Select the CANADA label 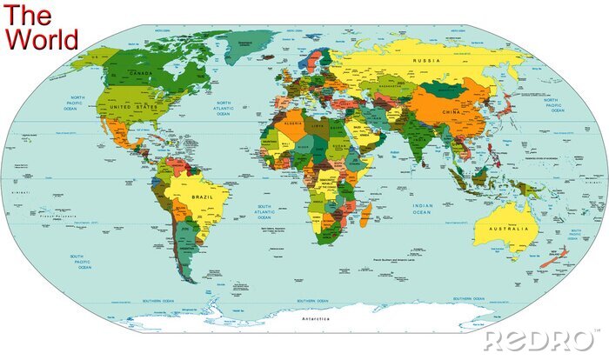[140, 73]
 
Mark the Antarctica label [317, 320]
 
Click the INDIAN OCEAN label [422, 209]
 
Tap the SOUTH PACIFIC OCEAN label [84, 262]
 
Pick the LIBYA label [318, 125]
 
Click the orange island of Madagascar [366, 213]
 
